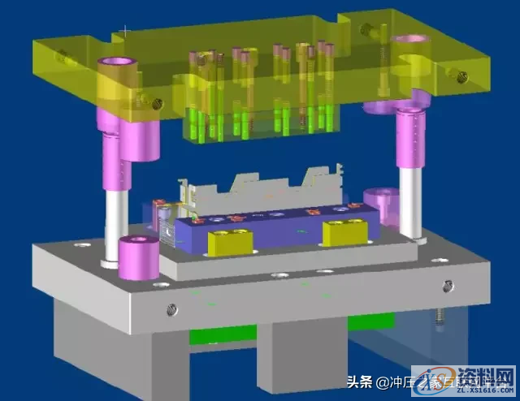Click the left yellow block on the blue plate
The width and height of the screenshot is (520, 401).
pos(230,240)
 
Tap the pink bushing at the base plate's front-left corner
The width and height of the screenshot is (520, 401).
pos(138,257)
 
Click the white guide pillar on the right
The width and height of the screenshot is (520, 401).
pos(412,199)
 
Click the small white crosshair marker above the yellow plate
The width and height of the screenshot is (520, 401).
pos(124,30)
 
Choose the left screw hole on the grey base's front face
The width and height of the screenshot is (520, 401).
pos(171,309)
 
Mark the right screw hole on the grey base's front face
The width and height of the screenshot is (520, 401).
pos(448,285)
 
